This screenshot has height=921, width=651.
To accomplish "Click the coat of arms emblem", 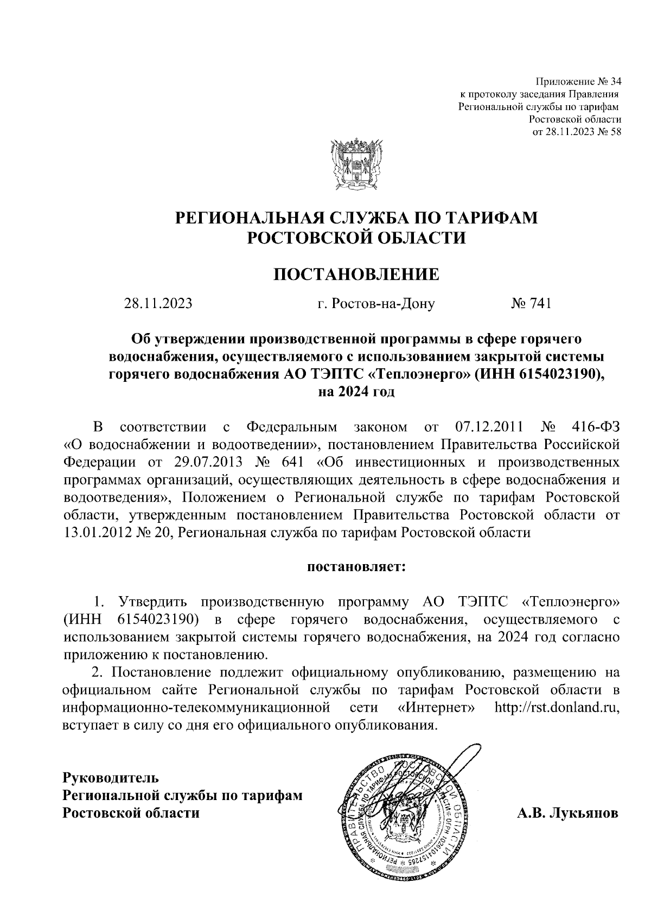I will pyautogui.click(x=355, y=164).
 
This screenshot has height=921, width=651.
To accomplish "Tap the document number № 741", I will pyautogui.click(x=531, y=304).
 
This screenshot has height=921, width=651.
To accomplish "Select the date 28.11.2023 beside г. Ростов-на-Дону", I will pyautogui.click(x=158, y=304).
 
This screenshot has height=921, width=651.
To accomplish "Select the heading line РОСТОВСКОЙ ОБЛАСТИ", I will pyautogui.click(x=356, y=238).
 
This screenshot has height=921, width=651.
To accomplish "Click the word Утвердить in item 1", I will pyautogui.click(x=153, y=603).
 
